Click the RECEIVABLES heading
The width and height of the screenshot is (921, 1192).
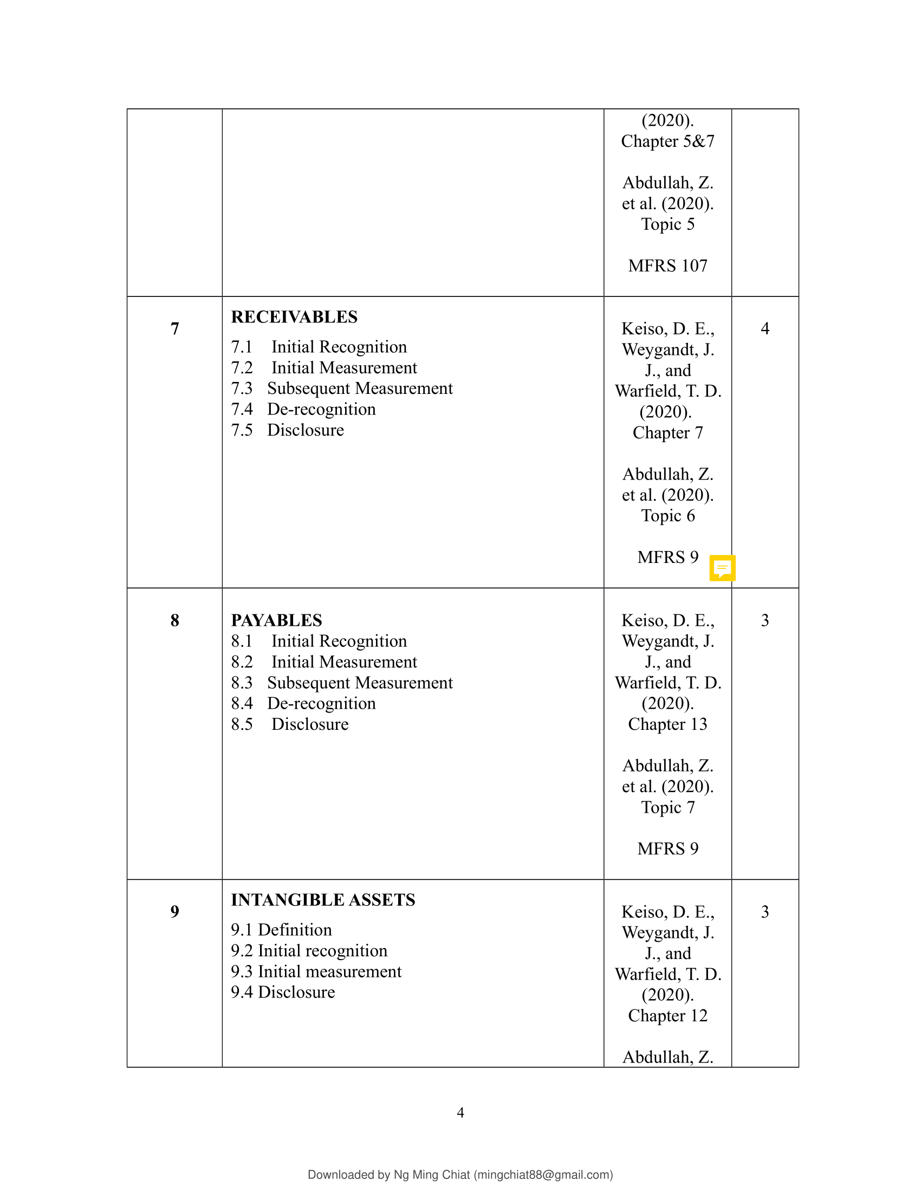(294, 317)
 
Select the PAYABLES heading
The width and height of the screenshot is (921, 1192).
(276, 620)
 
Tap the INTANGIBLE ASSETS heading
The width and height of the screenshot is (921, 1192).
(323, 900)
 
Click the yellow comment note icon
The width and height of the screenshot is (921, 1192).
(722, 568)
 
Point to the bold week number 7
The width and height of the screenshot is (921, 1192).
(174, 328)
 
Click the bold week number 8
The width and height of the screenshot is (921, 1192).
(174, 620)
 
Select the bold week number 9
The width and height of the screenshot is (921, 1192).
(174, 911)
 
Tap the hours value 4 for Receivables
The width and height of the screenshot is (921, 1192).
(765, 328)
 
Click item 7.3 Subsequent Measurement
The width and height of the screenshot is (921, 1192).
(342, 388)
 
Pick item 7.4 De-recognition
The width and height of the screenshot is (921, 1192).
(303, 409)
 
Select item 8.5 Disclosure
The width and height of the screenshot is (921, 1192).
(290, 724)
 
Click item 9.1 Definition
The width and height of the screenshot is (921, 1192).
(281, 930)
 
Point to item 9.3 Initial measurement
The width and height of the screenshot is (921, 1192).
(316, 971)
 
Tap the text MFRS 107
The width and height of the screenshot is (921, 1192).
(667, 266)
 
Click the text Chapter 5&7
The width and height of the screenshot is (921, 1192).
(667, 141)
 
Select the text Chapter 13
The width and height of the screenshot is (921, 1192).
(667, 724)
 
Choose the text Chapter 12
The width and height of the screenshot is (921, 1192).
(667, 1016)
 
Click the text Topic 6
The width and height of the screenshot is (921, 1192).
(667, 516)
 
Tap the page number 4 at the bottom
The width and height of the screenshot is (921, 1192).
(460, 1112)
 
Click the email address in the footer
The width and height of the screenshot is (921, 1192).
(543, 1175)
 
